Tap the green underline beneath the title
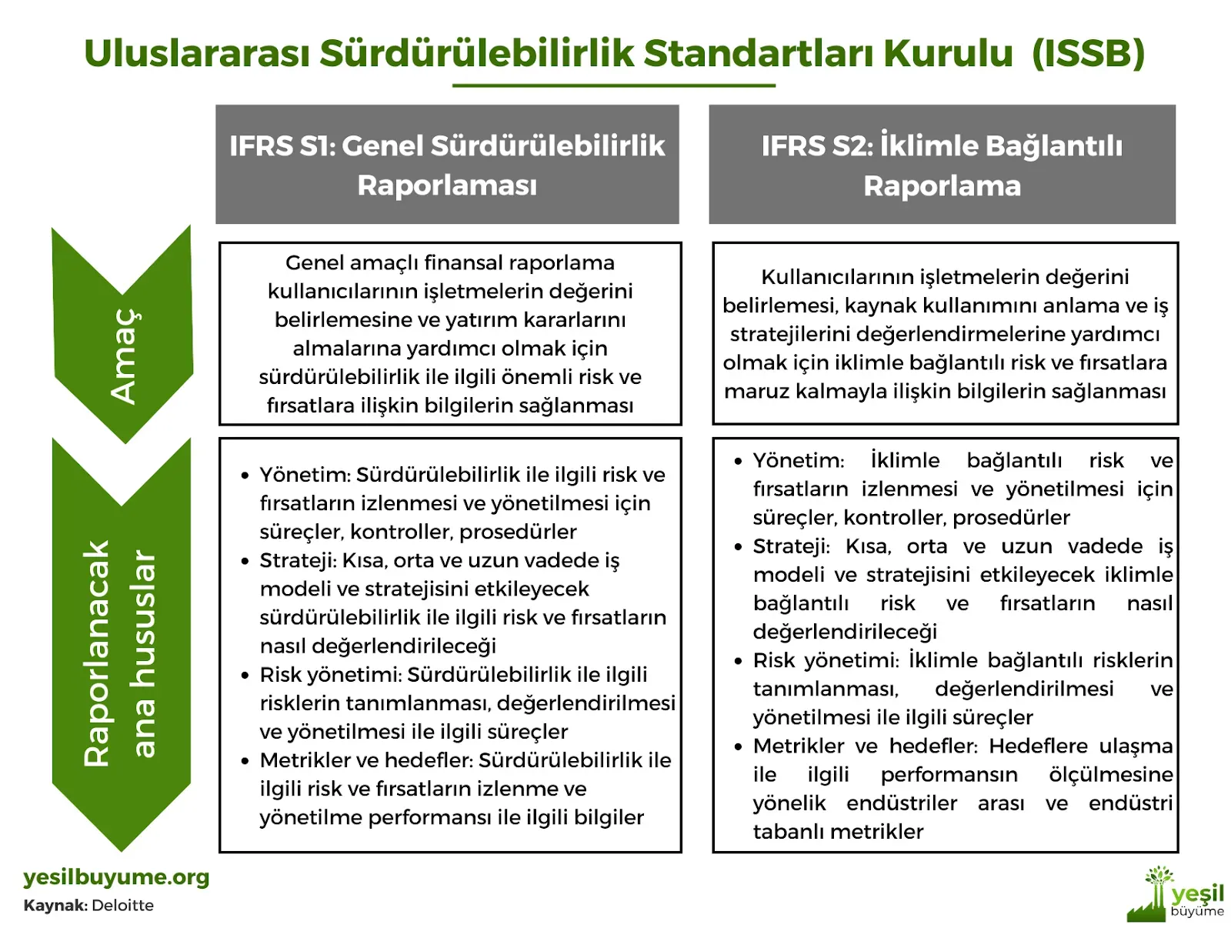click(x=613, y=85)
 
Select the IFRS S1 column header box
click(x=447, y=165)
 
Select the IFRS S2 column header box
click(x=942, y=165)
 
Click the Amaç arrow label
click(x=124, y=356)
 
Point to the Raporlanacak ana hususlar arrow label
click(x=119, y=653)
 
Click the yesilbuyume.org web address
click(x=116, y=877)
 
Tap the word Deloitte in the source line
click(x=123, y=906)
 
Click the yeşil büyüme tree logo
click(x=1176, y=894)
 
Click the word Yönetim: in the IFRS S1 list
click(x=305, y=475)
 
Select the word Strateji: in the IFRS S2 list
click(x=791, y=546)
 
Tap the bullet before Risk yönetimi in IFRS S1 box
click(x=245, y=675)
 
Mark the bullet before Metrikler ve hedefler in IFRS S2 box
click(x=738, y=747)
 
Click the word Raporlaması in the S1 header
click(x=447, y=185)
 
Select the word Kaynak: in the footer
click(x=55, y=906)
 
